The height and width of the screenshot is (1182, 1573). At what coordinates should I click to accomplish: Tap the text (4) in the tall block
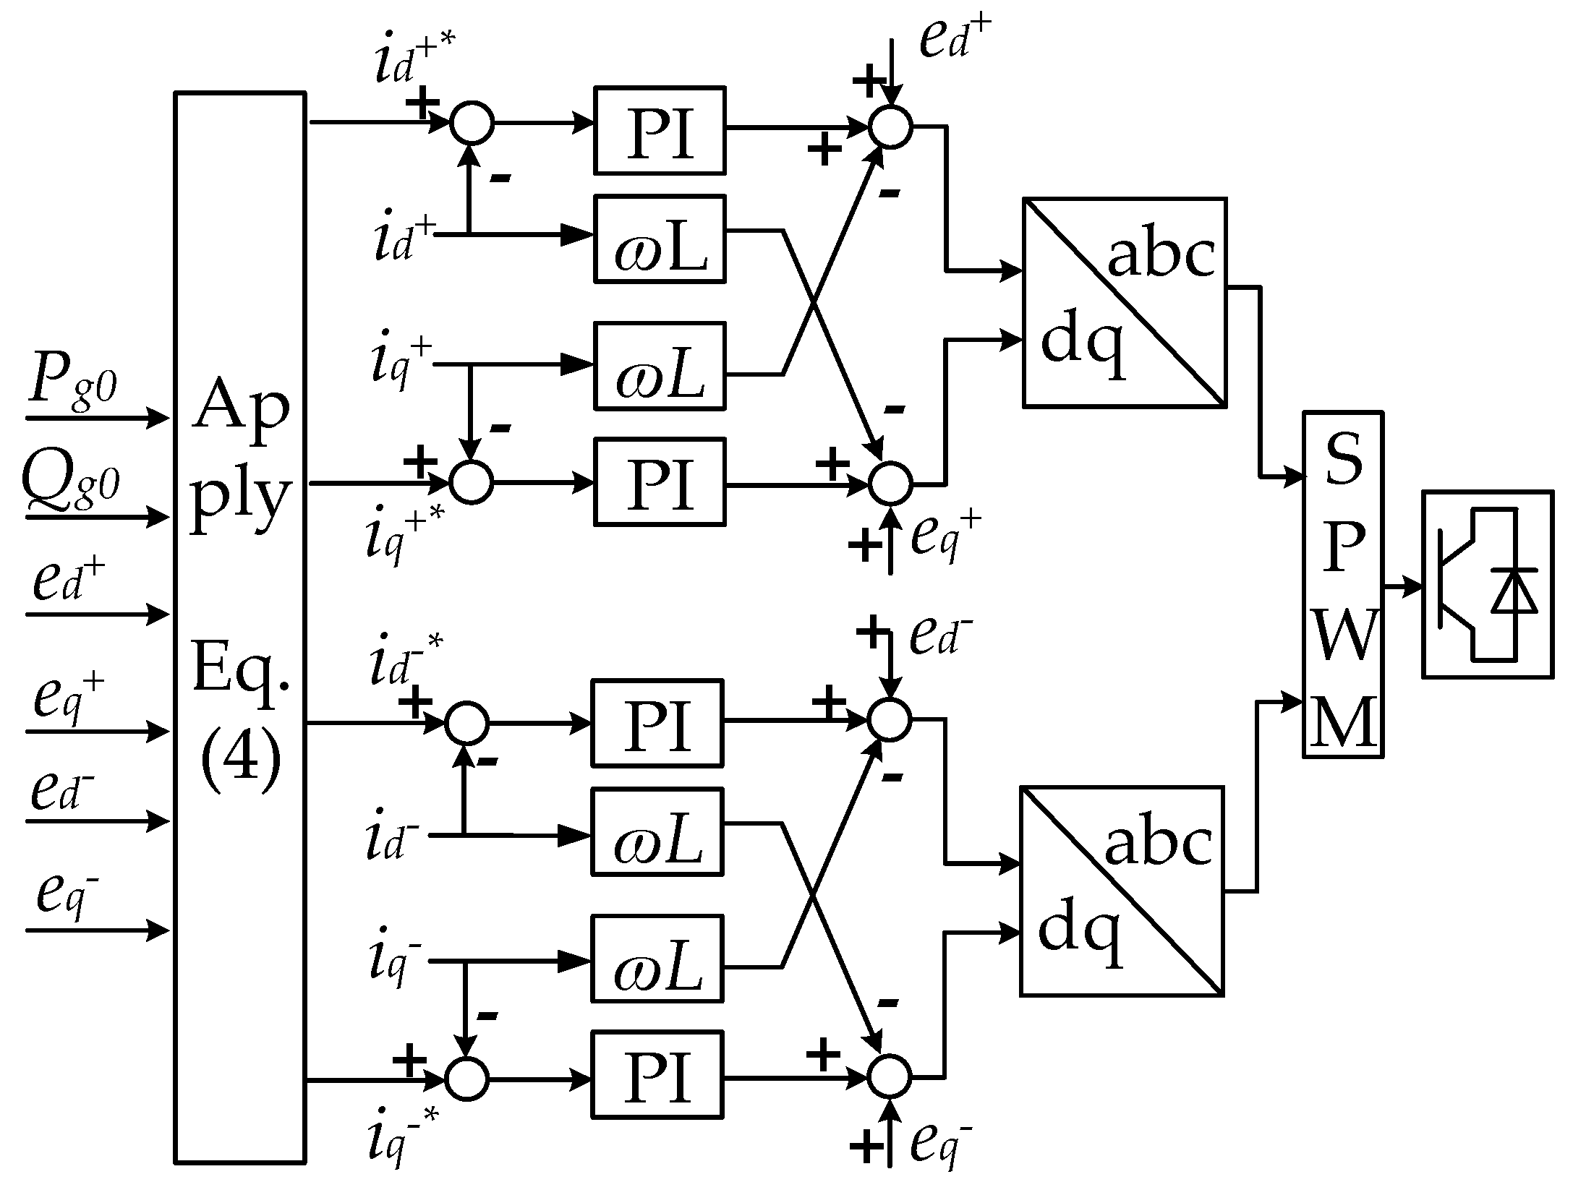(240, 768)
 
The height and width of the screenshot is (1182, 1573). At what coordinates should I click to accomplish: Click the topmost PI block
(659, 131)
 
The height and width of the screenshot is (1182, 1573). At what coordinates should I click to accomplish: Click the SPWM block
(1342, 584)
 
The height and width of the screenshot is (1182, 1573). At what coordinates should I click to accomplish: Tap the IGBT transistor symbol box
(1486, 584)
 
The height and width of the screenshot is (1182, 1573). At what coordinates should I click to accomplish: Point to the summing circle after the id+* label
(472, 124)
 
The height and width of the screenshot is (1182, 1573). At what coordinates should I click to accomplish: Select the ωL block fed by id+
(659, 239)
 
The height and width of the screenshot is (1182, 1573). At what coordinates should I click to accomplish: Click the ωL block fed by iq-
(657, 959)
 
